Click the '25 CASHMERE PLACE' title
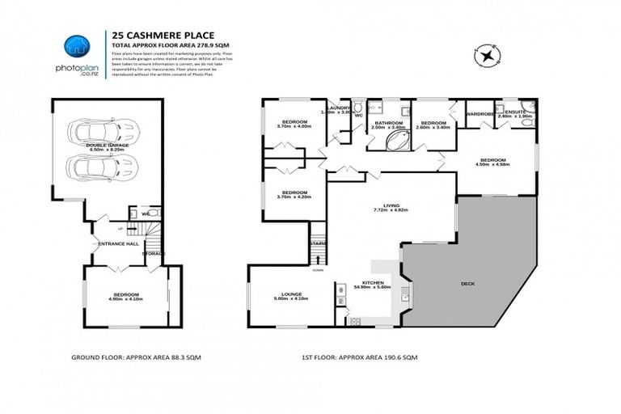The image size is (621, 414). (149, 36)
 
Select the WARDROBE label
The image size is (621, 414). (479, 114)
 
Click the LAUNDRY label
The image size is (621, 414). (339, 108)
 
